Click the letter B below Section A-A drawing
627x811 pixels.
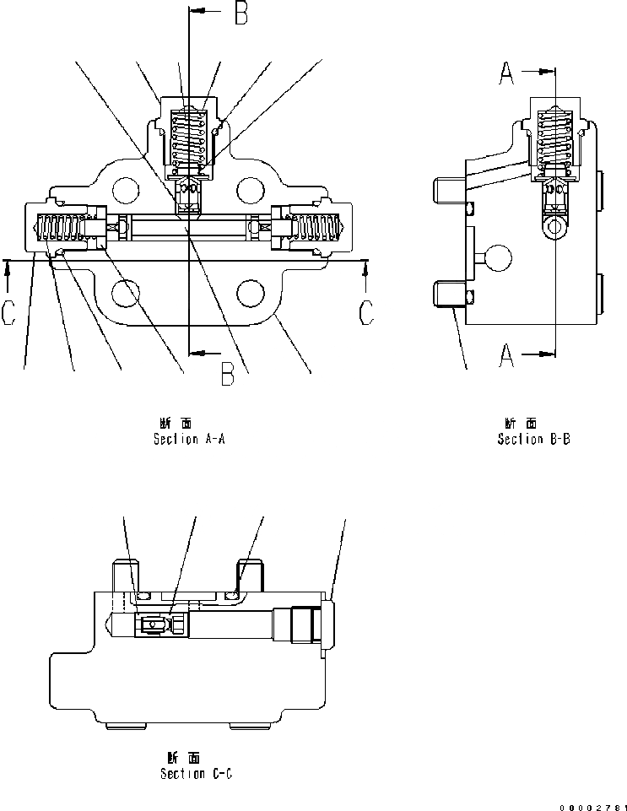tap(227, 372)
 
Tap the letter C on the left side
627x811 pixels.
tap(9, 312)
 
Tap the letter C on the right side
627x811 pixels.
tap(366, 312)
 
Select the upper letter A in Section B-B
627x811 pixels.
tap(505, 75)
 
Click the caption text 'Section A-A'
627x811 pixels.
tap(189, 439)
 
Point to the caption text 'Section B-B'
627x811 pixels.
tap(533, 439)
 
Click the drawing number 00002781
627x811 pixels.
tap(592, 807)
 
